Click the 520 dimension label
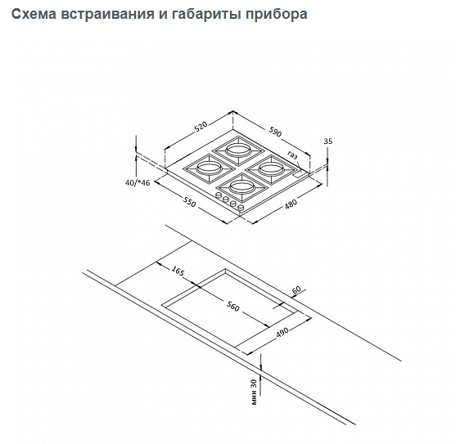coord(201,126)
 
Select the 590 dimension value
coord(275,132)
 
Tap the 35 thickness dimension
coord(328,141)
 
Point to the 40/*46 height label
coord(138,182)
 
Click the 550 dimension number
coord(190,202)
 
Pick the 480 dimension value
coord(291,204)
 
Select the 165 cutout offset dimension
coord(178,271)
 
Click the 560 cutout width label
coord(233,307)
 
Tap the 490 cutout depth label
coord(282,333)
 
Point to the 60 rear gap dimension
coord(296,289)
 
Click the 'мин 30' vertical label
coord(254,392)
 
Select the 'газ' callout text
coord(292,155)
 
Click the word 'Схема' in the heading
coord(34,14)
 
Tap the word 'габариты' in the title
coord(206,14)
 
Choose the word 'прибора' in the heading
coord(276,15)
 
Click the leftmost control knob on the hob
coord(219,195)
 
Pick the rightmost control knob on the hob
coord(241,208)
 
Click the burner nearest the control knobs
coord(240,186)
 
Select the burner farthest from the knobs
coord(238,150)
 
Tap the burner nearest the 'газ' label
coord(271,169)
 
